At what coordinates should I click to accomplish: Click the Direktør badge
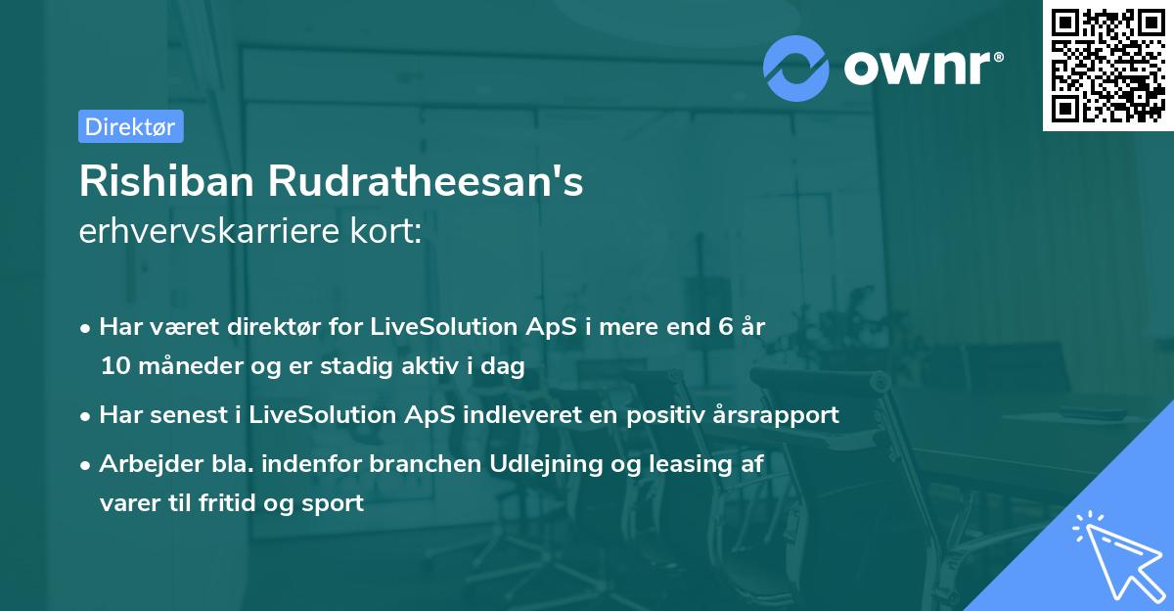point(130,126)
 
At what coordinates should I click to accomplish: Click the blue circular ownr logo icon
point(796,68)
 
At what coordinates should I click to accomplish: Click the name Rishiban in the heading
point(168,182)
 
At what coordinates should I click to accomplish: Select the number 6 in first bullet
point(725,327)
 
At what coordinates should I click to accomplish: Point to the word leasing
point(687,464)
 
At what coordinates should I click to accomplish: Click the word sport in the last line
point(336,503)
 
